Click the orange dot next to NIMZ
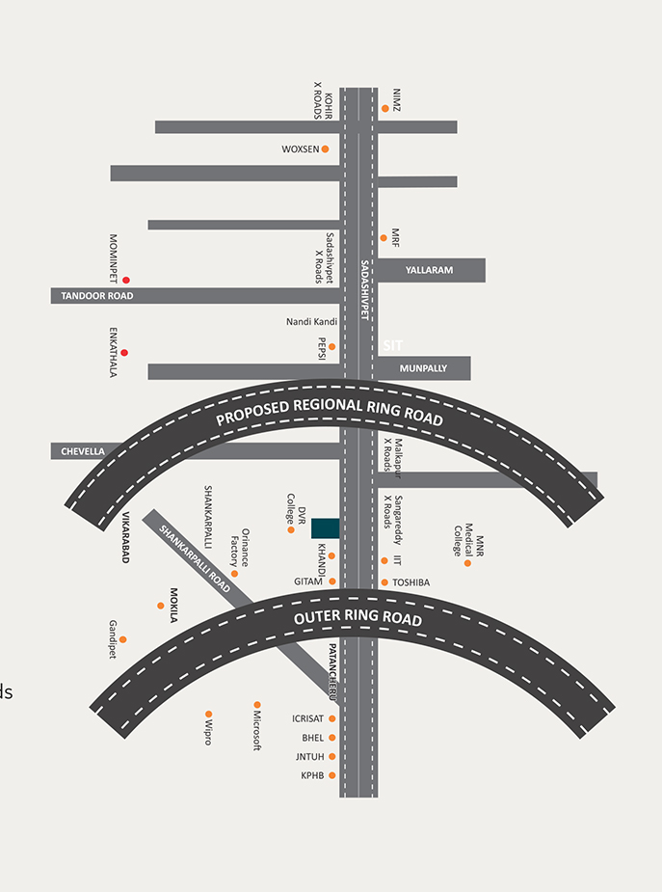coord(385,108)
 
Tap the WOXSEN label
coord(300,149)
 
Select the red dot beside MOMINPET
coord(125,280)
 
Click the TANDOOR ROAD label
coord(97,296)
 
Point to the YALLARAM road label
coord(429,271)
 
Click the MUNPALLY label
coord(424,368)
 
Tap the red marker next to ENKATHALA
coord(124,353)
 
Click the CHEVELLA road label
coord(83,451)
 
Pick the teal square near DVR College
coord(325,527)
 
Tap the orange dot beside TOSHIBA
coord(384,582)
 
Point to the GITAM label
coord(309,582)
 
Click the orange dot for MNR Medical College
coord(467,562)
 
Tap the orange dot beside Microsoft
coord(257,705)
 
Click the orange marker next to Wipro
coord(208,715)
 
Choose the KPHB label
coord(312,775)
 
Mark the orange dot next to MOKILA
coord(161,606)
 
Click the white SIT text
coord(392,345)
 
